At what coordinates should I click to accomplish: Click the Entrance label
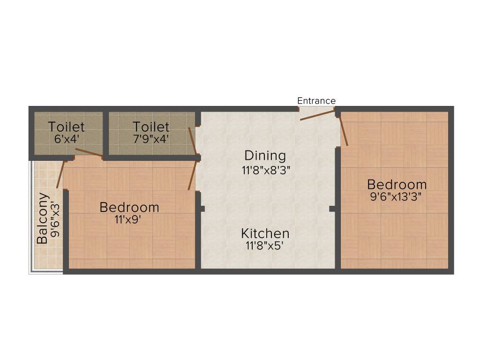[x=316, y=101]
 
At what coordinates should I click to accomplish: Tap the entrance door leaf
[x=317, y=115]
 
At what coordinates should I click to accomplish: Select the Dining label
[x=265, y=155]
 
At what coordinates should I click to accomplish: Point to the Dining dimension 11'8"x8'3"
[x=266, y=170]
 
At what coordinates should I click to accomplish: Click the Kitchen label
[x=265, y=233]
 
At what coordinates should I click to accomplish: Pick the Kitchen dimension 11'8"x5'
[x=265, y=246]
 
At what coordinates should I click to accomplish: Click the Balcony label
[x=42, y=218]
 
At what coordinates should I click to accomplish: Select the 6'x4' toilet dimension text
[x=66, y=139]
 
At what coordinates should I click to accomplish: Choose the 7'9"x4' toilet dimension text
[x=150, y=139]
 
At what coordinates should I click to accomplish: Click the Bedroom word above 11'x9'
[x=129, y=207]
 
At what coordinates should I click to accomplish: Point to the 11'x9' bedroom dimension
[x=128, y=219]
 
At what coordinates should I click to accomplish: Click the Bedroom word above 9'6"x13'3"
[x=397, y=184]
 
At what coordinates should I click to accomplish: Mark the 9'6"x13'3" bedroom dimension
[x=396, y=196]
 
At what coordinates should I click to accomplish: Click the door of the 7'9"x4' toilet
[x=192, y=141]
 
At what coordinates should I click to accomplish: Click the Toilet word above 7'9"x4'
[x=150, y=127]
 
